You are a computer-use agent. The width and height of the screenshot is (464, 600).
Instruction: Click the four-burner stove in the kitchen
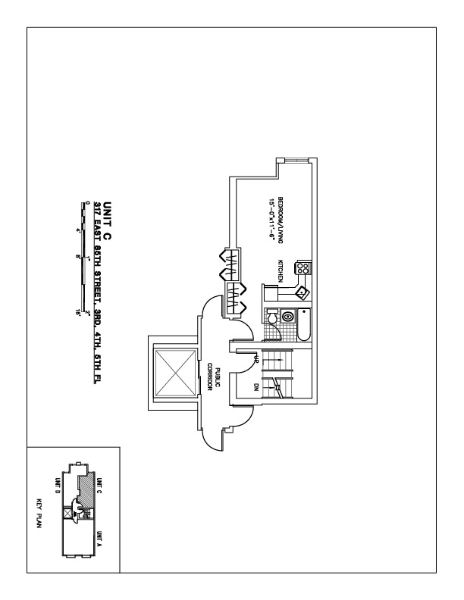coord(302,267)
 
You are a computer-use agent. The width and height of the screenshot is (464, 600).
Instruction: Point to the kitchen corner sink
coord(301,292)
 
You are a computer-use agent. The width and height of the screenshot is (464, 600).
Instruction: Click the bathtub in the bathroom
coord(303,323)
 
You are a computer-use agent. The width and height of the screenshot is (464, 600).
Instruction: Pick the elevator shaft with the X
coord(174,373)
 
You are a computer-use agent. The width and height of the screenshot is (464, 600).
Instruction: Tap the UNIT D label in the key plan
coord(57,485)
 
